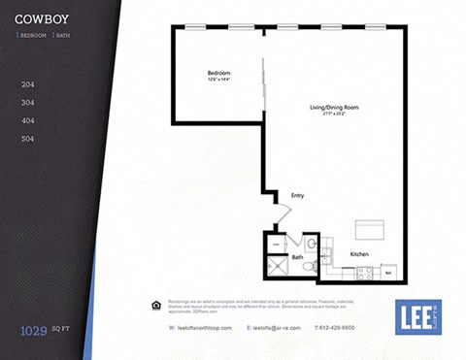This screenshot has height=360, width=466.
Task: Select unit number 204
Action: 28,84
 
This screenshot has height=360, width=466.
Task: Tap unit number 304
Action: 28,102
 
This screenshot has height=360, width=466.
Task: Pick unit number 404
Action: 28,120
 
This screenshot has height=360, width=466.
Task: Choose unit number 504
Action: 28,139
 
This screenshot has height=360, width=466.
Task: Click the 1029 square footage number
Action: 34,331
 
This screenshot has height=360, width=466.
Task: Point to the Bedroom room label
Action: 218,74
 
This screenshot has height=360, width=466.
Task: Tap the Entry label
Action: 298,196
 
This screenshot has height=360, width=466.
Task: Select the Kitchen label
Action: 359,254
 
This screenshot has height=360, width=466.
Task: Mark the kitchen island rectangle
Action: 370,229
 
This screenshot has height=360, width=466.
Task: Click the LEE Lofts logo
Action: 418,315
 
